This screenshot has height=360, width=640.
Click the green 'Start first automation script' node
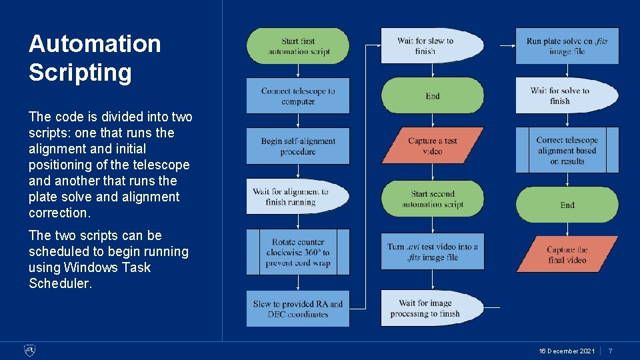click(x=298, y=46)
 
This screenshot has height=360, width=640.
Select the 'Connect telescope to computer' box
click(x=298, y=96)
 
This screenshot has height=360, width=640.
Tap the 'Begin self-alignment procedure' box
click(x=298, y=146)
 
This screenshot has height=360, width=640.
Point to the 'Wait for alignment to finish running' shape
click(x=293, y=197)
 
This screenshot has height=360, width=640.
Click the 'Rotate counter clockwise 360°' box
click(x=298, y=252)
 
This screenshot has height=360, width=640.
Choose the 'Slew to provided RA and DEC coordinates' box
click(x=298, y=309)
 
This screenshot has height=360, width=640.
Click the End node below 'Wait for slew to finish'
click(x=433, y=96)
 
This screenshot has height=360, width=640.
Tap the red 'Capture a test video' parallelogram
click(x=433, y=146)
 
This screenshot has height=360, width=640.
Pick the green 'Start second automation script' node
click(x=433, y=199)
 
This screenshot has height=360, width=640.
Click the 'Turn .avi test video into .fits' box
click(x=433, y=251)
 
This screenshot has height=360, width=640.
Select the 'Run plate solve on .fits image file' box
click(x=567, y=46)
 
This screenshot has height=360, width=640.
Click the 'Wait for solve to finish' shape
click(x=563, y=96)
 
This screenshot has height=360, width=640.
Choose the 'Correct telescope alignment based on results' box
click(x=567, y=150)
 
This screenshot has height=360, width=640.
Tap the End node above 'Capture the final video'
click(x=567, y=205)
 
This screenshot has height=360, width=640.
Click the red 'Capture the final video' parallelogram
click(x=567, y=255)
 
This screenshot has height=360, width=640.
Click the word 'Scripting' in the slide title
click(x=80, y=72)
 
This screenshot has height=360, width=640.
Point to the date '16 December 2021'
click(x=567, y=351)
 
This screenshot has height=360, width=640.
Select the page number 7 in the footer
click(x=610, y=351)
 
